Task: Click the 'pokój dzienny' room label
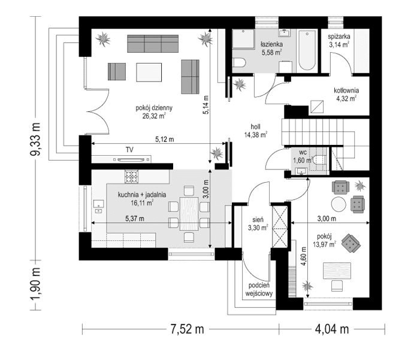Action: (154, 108)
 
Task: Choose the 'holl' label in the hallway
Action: (256, 126)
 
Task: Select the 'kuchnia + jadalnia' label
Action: (142, 194)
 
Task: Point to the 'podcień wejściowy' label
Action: (259, 290)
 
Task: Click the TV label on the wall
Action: (129, 149)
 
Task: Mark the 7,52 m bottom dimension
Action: (187, 329)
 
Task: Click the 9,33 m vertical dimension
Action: (35, 140)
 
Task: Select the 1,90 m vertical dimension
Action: (35, 285)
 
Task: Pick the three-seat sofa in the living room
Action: (153, 44)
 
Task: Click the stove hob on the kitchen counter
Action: (131, 177)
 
